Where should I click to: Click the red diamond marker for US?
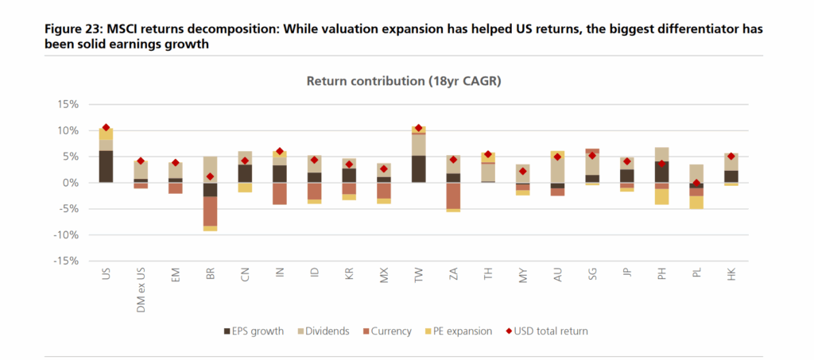[106, 127]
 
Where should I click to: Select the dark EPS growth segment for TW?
[418, 168]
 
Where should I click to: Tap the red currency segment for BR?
[210, 211]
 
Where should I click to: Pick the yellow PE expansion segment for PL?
[696, 202]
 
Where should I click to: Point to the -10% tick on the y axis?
[64, 234]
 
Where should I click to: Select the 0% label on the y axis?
[70, 183]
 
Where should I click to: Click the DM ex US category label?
[141, 287]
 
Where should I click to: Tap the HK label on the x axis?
[731, 275]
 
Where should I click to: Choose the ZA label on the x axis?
[453, 275]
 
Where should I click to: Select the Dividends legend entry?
[324, 331]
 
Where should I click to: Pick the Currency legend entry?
[390, 331]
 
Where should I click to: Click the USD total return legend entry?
[548, 331]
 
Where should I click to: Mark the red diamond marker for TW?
[418, 128]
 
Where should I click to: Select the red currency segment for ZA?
[453, 195]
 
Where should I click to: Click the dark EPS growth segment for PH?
[661, 172]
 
